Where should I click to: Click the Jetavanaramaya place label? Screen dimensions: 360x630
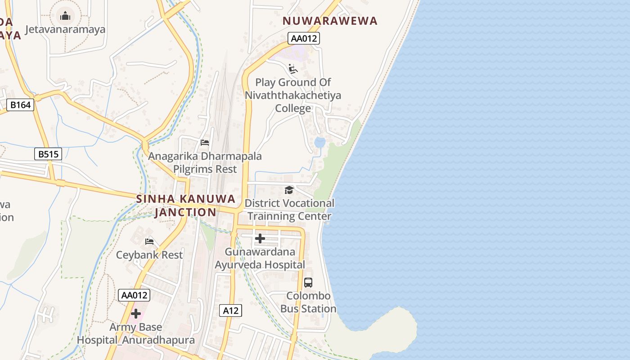65,30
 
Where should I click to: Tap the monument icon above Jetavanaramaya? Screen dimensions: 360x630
65,17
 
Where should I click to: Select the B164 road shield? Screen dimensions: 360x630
21,105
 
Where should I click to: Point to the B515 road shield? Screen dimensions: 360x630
48,154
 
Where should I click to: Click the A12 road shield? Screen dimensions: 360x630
231,310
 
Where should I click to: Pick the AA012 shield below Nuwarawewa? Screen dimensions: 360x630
304,38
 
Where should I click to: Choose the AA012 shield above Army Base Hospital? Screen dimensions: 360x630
134,295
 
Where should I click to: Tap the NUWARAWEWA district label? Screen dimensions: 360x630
330,21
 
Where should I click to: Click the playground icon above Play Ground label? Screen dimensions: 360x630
293,69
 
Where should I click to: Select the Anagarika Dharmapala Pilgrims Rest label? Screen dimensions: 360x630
205,162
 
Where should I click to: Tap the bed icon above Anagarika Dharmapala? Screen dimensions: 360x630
205,143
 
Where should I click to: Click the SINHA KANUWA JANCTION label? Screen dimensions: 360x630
186,205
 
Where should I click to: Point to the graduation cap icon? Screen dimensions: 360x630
289,190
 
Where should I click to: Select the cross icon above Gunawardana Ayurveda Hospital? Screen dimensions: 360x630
260,238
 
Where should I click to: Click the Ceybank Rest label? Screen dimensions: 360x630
149,255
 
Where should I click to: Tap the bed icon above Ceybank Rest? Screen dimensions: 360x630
149,242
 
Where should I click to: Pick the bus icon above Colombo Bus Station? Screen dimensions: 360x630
308,283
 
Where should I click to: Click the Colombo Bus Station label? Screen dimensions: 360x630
308,302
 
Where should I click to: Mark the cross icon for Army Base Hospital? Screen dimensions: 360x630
136,314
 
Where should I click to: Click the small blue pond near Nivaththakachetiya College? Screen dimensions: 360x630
319,143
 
